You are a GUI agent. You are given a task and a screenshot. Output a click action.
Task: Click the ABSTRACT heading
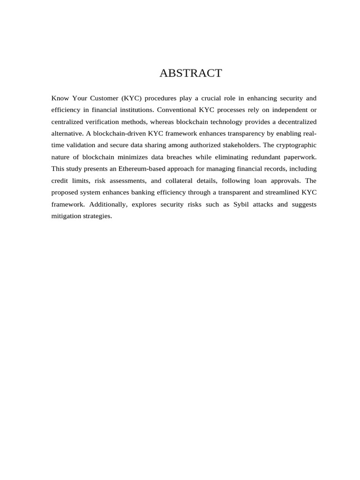click(190, 73)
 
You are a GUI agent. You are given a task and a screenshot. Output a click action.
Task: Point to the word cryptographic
click(295, 145)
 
